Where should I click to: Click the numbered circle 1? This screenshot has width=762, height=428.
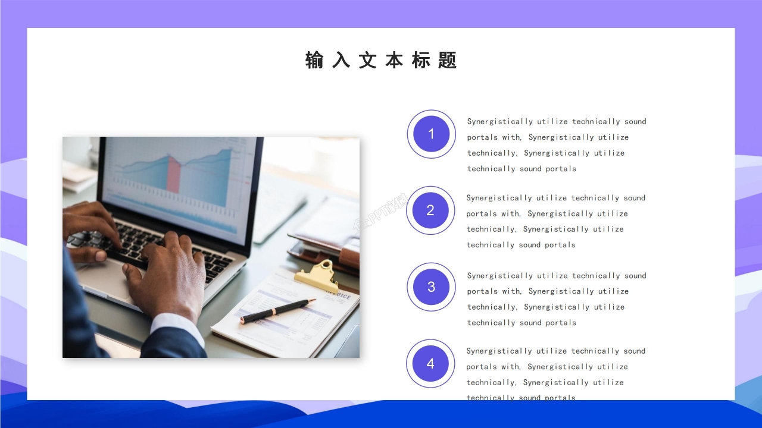pos(431,134)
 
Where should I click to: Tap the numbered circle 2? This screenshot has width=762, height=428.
pos(430,210)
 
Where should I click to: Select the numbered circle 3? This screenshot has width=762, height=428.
pos(431,287)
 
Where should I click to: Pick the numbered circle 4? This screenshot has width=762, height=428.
pos(430,364)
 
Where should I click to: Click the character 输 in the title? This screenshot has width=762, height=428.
pos(314,60)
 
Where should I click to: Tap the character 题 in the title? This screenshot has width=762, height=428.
pos(447,60)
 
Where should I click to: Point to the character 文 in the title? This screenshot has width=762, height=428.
pos(367,60)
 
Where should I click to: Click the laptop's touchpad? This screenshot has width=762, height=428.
pos(107,279)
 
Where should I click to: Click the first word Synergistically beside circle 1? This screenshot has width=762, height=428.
pos(500,122)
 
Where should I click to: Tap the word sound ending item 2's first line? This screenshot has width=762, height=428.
pos(635,198)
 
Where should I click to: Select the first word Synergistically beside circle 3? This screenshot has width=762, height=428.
pos(500,276)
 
